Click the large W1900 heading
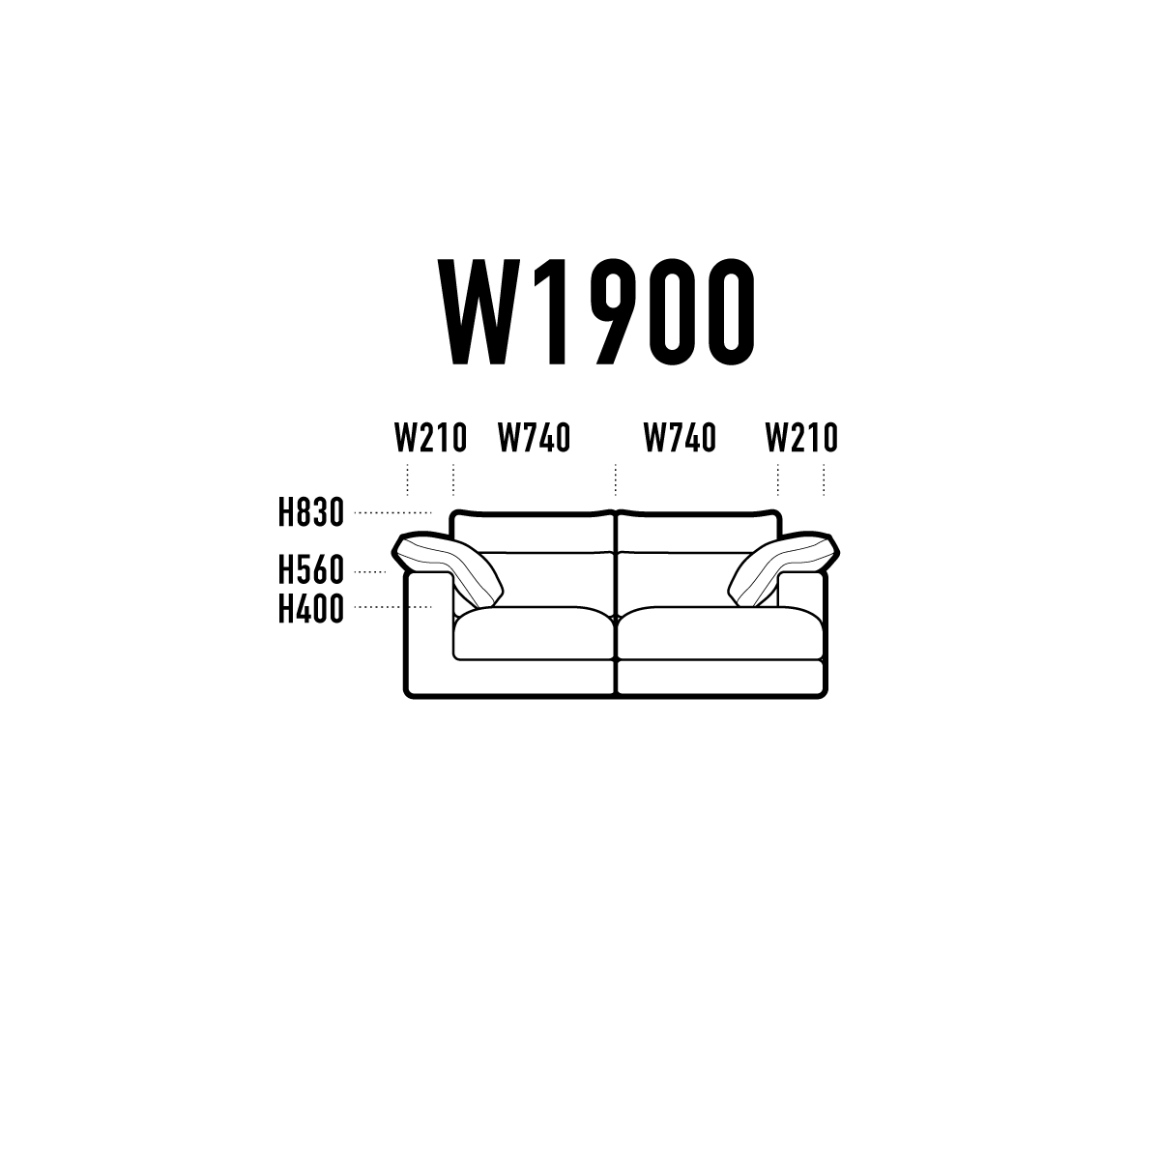(596, 312)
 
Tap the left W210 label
(430, 438)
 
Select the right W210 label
(801, 438)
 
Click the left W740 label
(534, 438)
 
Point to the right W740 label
(680, 438)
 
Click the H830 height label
(310, 512)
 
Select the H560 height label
(310, 569)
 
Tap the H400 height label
(310, 608)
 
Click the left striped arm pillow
(448, 566)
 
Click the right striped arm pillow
(784, 566)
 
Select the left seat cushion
(535, 632)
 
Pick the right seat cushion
(720, 632)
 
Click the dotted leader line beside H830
(393, 513)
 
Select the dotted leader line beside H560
(370, 572)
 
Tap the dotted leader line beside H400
(393, 607)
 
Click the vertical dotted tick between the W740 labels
(616, 479)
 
